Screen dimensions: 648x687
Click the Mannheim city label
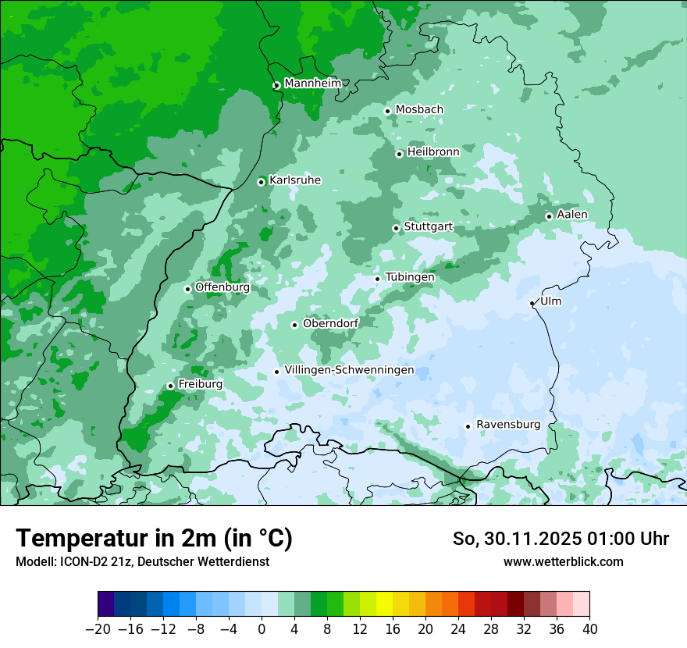(x=312, y=84)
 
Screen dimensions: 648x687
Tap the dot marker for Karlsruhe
(x=262, y=182)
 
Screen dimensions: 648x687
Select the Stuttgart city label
(x=428, y=227)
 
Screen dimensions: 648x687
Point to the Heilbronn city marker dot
(x=399, y=154)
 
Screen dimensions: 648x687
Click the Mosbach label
(x=419, y=110)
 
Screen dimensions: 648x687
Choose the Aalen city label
(x=572, y=215)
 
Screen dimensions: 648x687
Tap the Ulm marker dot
(x=532, y=303)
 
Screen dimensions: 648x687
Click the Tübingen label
(x=410, y=277)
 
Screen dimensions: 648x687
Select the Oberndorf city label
(x=331, y=323)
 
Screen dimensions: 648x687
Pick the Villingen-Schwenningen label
(x=349, y=370)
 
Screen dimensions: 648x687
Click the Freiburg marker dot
(x=170, y=386)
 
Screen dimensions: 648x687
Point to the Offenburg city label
(x=222, y=287)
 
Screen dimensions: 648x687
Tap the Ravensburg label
(x=508, y=425)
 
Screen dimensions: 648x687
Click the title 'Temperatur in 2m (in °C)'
(x=154, y=539)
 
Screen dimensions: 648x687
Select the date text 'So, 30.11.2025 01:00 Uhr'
(x=561, y=539)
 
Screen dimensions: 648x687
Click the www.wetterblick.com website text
(x=563, y=561)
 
